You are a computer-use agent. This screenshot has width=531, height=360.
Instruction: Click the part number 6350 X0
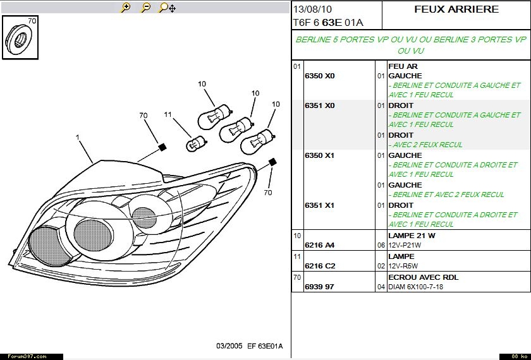pyautogui.click(x=319, y=76)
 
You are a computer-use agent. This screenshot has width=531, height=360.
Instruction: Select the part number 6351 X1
pyautogui.click(x=319, y=205)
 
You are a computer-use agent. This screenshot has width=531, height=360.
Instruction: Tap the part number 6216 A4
pyautogui.click(x=319, y=245)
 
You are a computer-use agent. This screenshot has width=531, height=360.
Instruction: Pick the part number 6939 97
pyautogui.click(x=319, y=287)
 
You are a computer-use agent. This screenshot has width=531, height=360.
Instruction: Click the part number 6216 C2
pyautogui.click(x=319, y=266)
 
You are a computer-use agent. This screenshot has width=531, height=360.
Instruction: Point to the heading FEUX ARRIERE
pyautogui.click(x=456, y=9)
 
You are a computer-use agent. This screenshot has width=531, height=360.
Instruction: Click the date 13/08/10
pyautogui.click(x=312, y=9)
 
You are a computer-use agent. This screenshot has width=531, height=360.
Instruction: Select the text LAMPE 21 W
pyautogui.click(x=412, y=236)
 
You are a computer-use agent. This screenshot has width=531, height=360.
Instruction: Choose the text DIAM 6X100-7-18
pyautogui.click(x=415, y=287)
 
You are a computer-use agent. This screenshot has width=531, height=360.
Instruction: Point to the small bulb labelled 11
pyautogui.click(x=192, y=145)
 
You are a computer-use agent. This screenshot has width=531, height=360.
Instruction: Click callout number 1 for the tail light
pyautogui.click(x=77, y=137)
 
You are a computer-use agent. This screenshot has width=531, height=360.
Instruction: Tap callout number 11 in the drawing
pyautogui.click(x=168, y=114)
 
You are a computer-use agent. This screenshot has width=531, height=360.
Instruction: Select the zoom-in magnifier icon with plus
pyautogui.click(x=126, y=8)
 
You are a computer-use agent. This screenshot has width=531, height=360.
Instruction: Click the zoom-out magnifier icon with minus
pyautogui.click(x=145, y=8)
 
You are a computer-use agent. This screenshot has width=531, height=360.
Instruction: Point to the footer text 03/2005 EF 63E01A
pyautogui.click(x=249, y=346)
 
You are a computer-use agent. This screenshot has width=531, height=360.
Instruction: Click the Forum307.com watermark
pyautogui.click(x=23, y=356)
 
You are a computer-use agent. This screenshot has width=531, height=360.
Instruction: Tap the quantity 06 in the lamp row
pyautogui.click(x=381, y=245)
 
